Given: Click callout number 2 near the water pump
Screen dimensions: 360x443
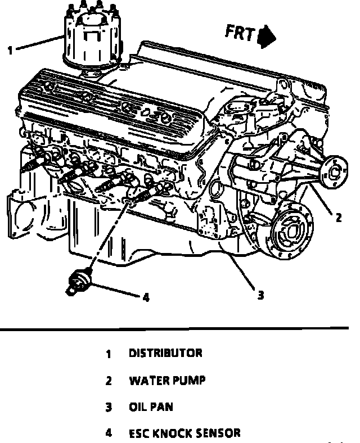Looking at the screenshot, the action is coord(338,218).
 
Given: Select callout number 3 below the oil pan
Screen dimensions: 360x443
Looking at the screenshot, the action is coord(260,294).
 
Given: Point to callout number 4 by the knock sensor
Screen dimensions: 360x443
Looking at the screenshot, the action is coord(146,297).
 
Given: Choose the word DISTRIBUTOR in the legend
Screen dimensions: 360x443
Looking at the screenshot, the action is coord(165,354).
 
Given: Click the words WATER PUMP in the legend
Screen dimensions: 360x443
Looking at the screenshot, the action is coord(167,381).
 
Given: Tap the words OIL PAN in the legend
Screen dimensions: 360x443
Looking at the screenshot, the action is coord(151,407).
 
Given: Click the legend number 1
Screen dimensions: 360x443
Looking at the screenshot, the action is coord(109,354).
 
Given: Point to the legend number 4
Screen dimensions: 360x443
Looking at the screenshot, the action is coord(109,433).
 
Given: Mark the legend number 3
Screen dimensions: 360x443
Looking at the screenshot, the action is coord(109,407).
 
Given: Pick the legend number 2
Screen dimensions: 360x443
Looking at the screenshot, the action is coord(109,381).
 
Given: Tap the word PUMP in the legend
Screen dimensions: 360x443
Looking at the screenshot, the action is coord(188,381).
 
